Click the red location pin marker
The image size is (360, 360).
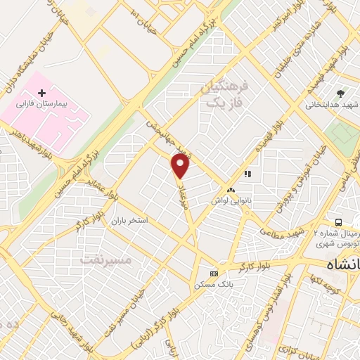pos(181,167)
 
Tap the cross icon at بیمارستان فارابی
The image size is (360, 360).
pos(41,93)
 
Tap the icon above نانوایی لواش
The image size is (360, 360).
pos(231,191)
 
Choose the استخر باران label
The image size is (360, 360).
pos(128,221)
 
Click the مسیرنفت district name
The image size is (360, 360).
pos(105,259)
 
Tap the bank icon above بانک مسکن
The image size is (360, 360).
pos(214,274)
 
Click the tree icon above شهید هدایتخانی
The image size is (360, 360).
pos(341,94)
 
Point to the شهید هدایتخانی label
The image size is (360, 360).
pos(332,105)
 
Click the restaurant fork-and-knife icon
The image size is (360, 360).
pos(247,173)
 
